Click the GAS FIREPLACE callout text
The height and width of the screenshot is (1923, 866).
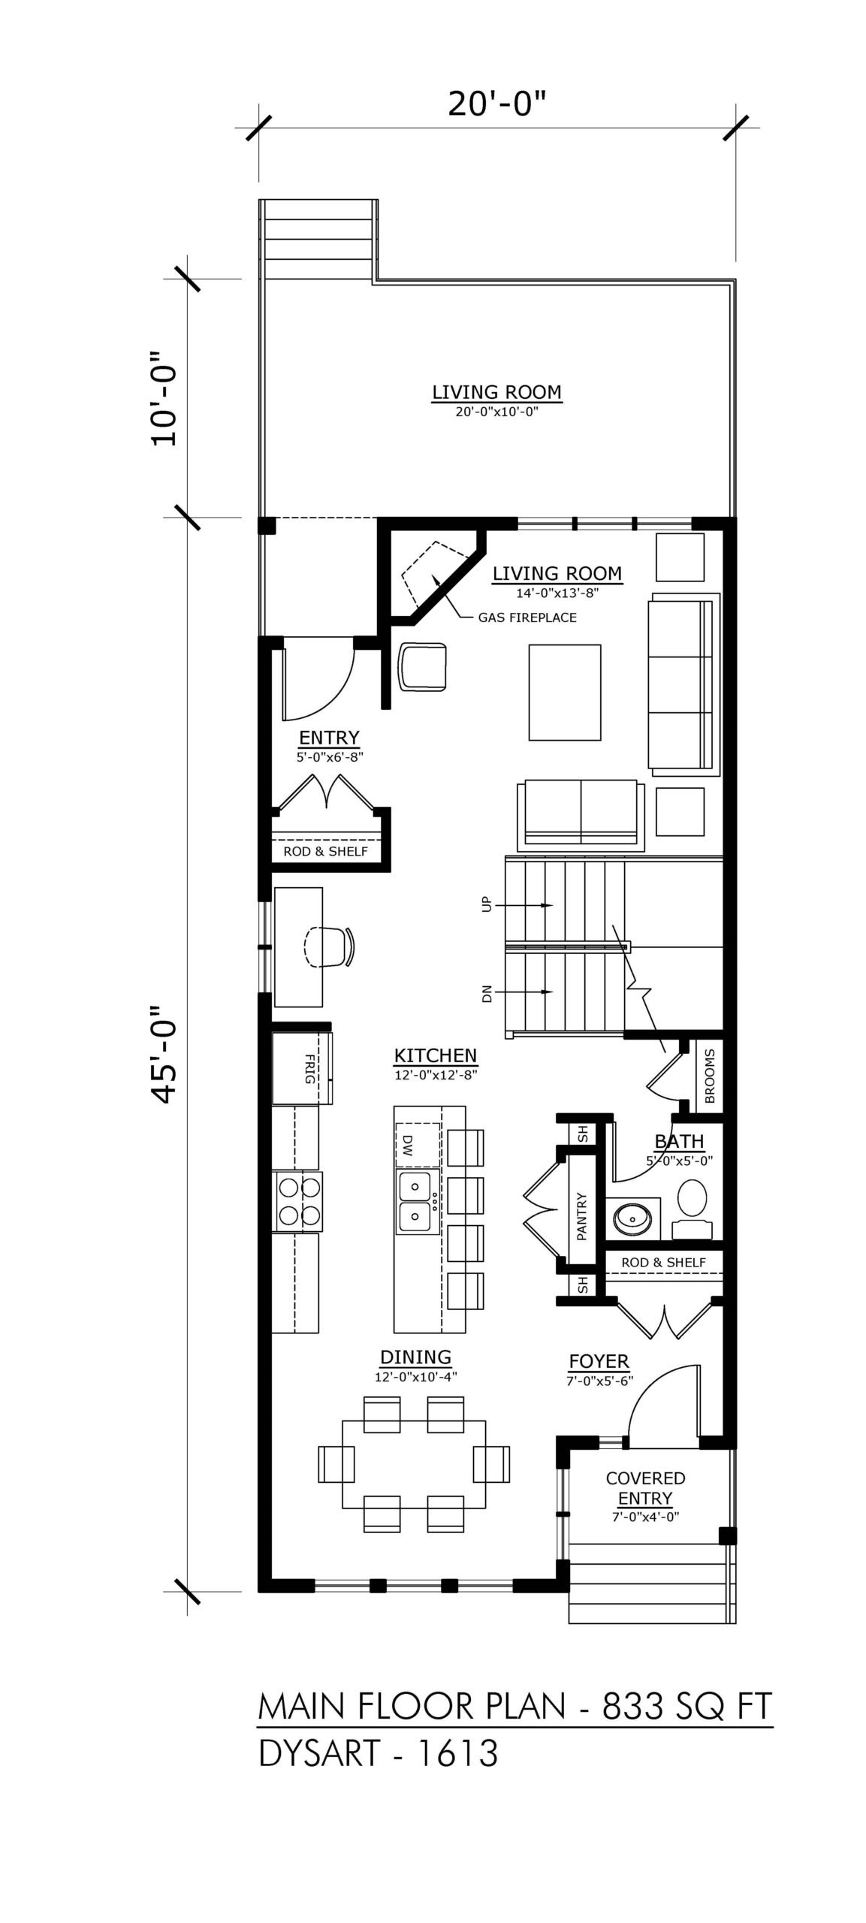point(527,617)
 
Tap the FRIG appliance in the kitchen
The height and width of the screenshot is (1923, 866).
point(302,1068)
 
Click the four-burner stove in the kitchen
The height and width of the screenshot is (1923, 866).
point(300,1201)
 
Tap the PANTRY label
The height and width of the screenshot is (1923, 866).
point(581,1216)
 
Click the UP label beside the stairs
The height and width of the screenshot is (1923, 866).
point(485,904)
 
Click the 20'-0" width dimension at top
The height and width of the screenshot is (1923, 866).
point(496,104)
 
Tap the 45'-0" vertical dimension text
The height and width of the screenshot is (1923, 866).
point(164,1054)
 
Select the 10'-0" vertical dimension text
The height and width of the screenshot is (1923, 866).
point(164,397)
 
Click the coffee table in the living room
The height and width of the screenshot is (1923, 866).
point(564,692)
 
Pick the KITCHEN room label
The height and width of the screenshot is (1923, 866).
point(436,1055)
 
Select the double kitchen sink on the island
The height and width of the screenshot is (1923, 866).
point(418,1201)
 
